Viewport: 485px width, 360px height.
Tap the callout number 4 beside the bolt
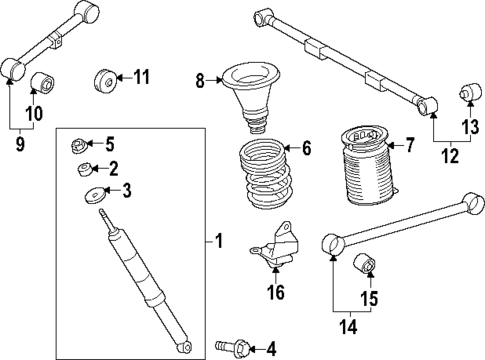[x=269, y=348]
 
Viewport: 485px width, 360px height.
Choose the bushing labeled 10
[x=42, y=82]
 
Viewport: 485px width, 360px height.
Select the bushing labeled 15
[x=366, y=266]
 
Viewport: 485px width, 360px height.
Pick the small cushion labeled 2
[x=86, y=169]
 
